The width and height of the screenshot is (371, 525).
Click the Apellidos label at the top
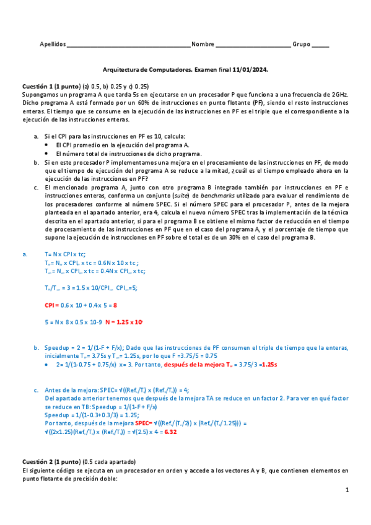click(x=53, y=45)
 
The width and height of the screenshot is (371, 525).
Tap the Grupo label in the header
click(x=302, y=45)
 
